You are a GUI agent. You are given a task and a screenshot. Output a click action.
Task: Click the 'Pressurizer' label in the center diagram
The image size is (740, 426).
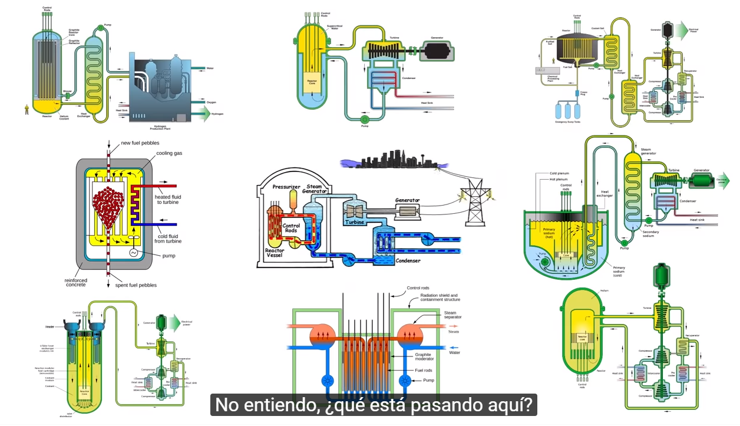[287, 187]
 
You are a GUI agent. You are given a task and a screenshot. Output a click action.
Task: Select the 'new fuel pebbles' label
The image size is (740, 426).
[140, 143]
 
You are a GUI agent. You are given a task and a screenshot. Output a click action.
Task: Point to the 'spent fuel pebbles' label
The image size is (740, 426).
[136, 285]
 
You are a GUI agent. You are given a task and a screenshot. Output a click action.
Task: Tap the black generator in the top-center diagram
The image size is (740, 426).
[437, 49]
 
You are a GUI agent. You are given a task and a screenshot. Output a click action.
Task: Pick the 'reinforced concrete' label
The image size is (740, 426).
[75, 283]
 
